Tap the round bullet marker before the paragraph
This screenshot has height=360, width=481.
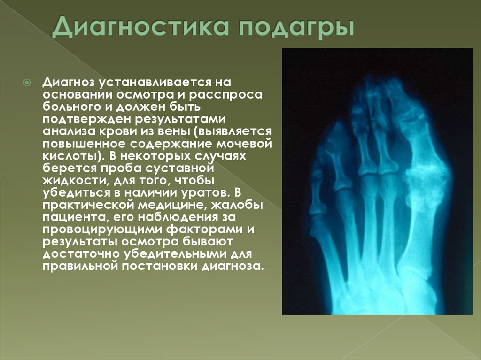coord(27,83)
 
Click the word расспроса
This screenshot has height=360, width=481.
coord(226,95)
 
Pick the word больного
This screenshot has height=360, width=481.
coord(71,107)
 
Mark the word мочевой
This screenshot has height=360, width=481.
coord(244,144)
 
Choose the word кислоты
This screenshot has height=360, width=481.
coord(71,156)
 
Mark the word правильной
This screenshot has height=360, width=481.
coord(80,266)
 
